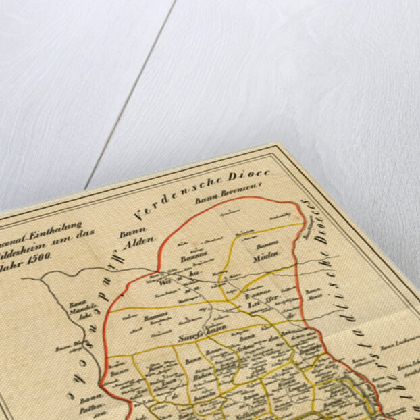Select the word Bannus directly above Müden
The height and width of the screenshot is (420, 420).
249,246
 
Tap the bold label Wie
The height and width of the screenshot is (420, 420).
163,284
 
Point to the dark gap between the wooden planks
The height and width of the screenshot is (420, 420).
128,95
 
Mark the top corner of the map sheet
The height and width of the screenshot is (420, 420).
275,143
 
